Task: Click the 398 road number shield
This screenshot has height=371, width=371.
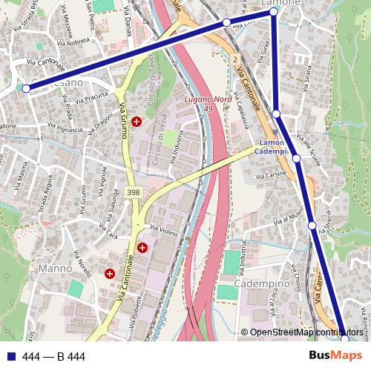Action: pyautogui.click(x=134, y=192)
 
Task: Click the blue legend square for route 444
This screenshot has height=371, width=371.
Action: pyautogui.click(x=10, y=357)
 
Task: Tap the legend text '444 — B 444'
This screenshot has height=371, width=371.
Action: pyautogui.click(x=53, y=357)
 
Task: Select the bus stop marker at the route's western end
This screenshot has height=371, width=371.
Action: pyautogui.click(x=26, y=88)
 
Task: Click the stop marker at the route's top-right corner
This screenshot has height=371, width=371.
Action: pyautogui.click(x=273, y=13)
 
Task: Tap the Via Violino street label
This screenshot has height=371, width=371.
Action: pyautogui.click(x=164, y=230)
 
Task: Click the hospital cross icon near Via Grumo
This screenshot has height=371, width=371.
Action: pyautogui.click(x=136, y=121)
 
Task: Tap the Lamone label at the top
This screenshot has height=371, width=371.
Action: pyautogui.click(x=280, y=3)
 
